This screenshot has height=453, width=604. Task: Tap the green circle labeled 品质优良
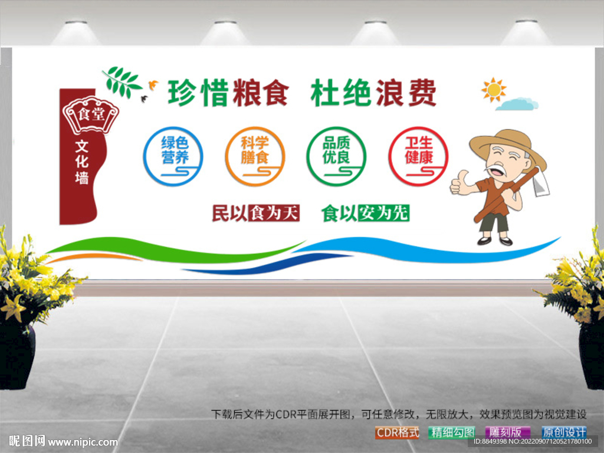(308, 156)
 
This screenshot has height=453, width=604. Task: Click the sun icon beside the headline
(494, 90)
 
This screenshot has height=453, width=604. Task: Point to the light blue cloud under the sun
(517, 104)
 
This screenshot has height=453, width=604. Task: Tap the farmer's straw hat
(508, 145)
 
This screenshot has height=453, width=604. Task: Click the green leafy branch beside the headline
(121, 81)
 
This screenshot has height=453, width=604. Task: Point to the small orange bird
(153, 84)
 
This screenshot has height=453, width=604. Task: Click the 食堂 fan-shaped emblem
(90, 114)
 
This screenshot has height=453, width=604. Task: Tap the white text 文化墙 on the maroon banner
(81, 162)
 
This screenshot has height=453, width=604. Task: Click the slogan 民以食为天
(256, 213)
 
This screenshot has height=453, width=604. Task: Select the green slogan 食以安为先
(365, 213)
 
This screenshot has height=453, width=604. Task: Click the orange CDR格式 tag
(397, 432)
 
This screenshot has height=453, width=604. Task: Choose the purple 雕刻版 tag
(507, 432)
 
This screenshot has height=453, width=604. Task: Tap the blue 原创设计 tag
(564, 432)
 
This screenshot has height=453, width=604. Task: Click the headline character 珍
(182, 93)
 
